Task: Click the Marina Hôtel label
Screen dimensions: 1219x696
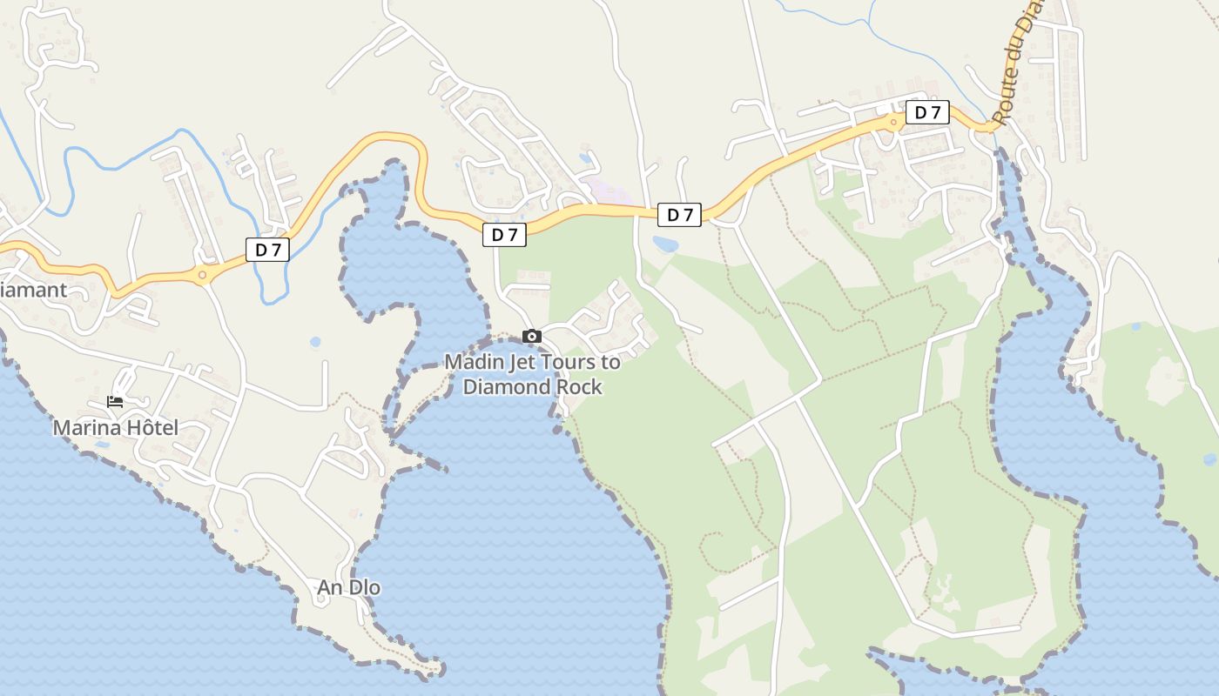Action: [115, 427]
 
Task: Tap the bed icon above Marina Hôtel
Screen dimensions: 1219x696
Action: [115, 402]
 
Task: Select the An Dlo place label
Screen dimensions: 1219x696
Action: [348, 587]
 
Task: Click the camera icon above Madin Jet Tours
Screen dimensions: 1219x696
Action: [532, 337]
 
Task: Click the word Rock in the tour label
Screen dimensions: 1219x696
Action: [581, 386]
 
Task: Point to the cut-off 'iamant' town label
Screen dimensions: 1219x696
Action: [33, 290]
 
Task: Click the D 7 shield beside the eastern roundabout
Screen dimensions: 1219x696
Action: [927, 112]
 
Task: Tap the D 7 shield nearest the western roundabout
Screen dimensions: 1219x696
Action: [267, 250]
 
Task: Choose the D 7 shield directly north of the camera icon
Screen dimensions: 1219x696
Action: [504, 234]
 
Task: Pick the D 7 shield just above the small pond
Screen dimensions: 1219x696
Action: [679, 215]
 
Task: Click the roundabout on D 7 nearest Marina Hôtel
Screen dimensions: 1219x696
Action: [202, 275]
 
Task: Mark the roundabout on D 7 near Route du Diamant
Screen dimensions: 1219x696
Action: [894, 123]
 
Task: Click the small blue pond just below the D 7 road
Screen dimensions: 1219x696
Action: [665, 244]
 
